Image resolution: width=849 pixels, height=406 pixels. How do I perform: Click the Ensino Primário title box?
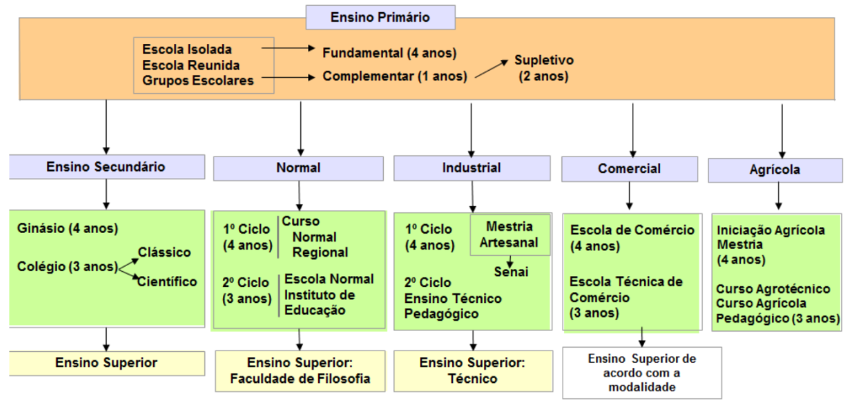tap(380, 17)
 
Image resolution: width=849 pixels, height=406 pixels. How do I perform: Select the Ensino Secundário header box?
tap(107, 167)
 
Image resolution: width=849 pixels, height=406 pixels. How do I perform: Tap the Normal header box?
tap(299, 168)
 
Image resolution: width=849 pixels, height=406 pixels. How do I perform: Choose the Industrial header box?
tap(472, 168)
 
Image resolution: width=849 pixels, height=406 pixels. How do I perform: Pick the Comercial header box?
tap(629, 169)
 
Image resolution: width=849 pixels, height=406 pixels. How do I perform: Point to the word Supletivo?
tap(544, 60)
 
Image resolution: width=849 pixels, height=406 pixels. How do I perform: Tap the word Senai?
tap(511, 270)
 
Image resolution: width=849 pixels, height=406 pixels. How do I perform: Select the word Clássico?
tap(164, 252)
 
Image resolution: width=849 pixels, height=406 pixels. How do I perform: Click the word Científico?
tap(167, 281)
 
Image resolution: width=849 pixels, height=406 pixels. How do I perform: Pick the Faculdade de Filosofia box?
tap(301, 371)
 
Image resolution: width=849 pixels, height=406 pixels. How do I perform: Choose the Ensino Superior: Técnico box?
tap(473, 371)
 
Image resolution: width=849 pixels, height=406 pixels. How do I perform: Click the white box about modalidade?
tap(642, 372)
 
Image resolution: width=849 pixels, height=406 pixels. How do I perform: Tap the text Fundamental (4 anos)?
tap(390, 53)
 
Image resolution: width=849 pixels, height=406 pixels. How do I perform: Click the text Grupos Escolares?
tap(198, 81)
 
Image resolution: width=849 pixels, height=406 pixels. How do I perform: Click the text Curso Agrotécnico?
tap(773, 288)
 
